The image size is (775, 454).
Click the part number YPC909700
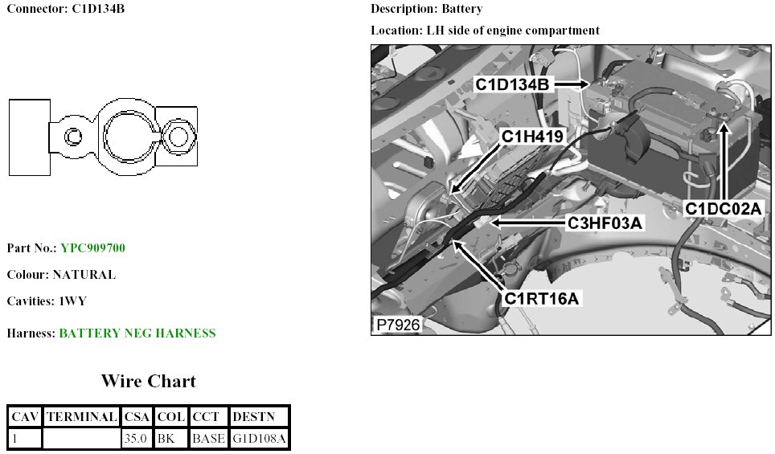[92, 247]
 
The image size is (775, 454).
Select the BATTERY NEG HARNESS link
[137, 333]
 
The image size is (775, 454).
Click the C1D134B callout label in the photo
[511, 84]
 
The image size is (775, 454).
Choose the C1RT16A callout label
[542, 299]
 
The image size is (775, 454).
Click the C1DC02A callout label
[723, 209]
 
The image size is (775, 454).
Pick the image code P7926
[397, 325]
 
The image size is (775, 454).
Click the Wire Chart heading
[148, 381]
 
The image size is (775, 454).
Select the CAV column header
[25, 416]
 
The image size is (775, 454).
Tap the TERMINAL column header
[81, 416]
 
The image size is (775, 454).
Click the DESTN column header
[252, 416]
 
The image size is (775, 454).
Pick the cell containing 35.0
[135, 439]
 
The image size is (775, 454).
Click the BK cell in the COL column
[166, 439]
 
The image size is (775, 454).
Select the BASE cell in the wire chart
[208, 439]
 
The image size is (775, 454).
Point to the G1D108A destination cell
[259, 439]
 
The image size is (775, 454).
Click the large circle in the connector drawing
[130, 136]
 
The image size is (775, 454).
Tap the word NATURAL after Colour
[84, 274]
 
